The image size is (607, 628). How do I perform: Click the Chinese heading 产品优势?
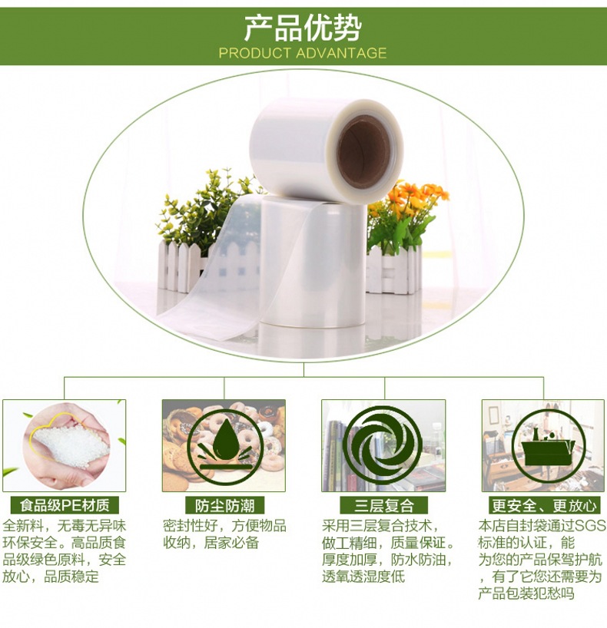coord(303,28)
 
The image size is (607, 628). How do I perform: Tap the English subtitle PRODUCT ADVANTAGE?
coord(303,53)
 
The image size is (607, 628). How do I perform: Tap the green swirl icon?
coord(383,445)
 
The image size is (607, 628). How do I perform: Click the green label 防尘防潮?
coord(225,505)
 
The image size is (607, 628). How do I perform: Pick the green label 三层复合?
coord(383,505)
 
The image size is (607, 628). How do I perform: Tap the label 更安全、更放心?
coord(545,505)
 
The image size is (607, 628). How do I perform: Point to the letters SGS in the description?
coord(590,525)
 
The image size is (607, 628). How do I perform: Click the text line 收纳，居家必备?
coord(211,543)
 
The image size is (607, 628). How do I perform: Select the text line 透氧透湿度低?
coord(363,577)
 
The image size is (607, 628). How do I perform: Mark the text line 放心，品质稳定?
coord(51,577)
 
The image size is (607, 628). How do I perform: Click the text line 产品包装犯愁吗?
coord(526,593)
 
